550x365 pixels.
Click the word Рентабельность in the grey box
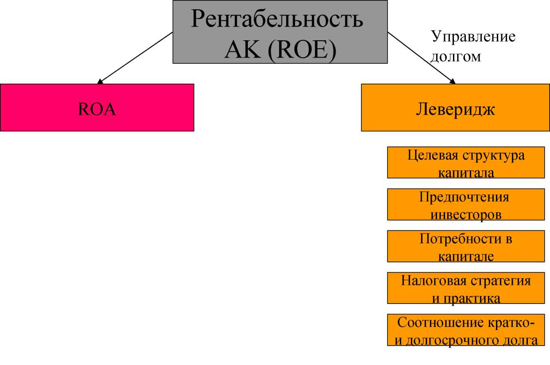277,19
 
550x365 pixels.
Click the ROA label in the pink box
97,109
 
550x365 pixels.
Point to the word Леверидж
456,110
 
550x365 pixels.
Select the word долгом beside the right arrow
456,57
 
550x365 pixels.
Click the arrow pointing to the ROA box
135,58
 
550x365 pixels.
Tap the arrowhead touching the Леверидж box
452,81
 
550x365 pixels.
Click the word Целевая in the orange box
433,156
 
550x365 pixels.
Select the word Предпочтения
464,197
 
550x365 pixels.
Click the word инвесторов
466,215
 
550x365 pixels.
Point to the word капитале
466,257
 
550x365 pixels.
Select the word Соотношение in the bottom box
441,323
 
